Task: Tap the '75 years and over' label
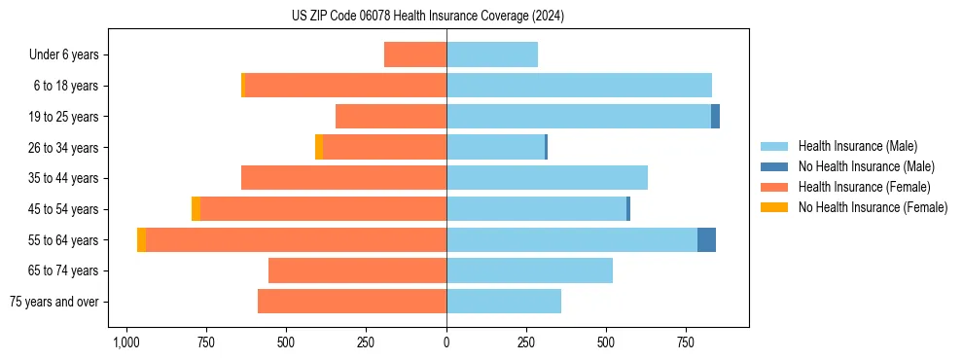click(53, 302)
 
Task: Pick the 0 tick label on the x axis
click(446, 342)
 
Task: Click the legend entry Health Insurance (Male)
click(857, 146)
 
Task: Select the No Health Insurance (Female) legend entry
click(873, 207)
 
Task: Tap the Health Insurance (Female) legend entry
click(864, 187)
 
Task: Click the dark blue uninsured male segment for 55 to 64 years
click(706, 239)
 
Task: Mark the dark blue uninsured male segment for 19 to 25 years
click(715, 117)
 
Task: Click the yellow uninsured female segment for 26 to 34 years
click(319, 147)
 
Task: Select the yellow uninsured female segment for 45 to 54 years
click(196, 208)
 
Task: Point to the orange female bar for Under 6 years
click(415, 54)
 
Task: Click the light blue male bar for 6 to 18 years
click(579, 86)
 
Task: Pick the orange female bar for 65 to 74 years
click(357, 270)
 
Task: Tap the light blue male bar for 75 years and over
click(504, 302)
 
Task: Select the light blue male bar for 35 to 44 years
click(547, 178)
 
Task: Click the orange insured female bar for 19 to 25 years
click(391, 117)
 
